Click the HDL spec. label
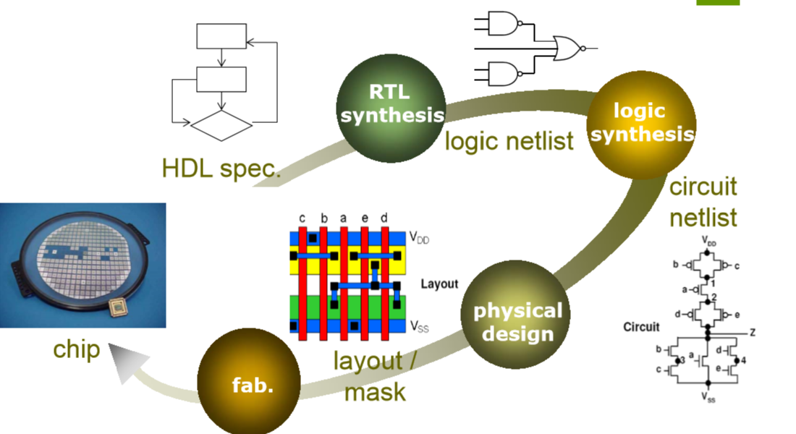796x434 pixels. pyautogui.click(x=221, y=169)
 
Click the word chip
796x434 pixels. pyautogui.click(x=76, y=350)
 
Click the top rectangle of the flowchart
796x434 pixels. pyautogui.click(x=221, y=36)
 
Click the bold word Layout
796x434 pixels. pyautogui.click(x=440, y=284)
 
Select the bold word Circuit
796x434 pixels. pyautogui.click(x=643, y=327)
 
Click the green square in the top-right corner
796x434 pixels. pyautogui.click(x=718, y=2)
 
